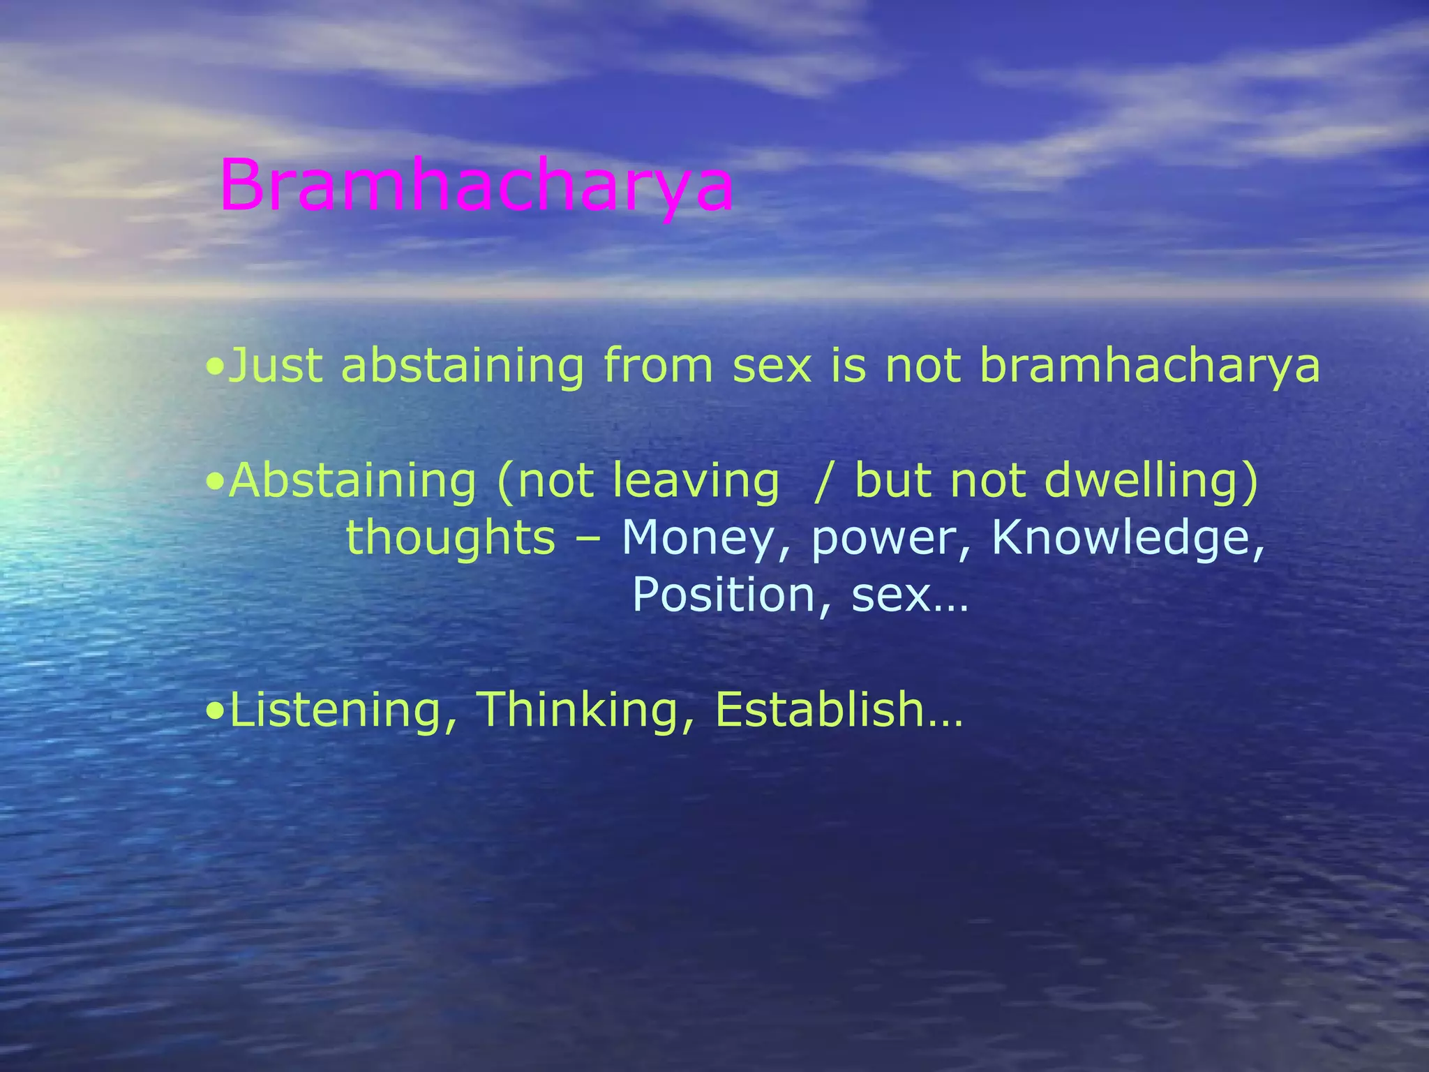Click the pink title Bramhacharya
(477, 187)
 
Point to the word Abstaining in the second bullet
(352, 482)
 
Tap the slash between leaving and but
(824, 482)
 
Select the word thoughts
(451, 538)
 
